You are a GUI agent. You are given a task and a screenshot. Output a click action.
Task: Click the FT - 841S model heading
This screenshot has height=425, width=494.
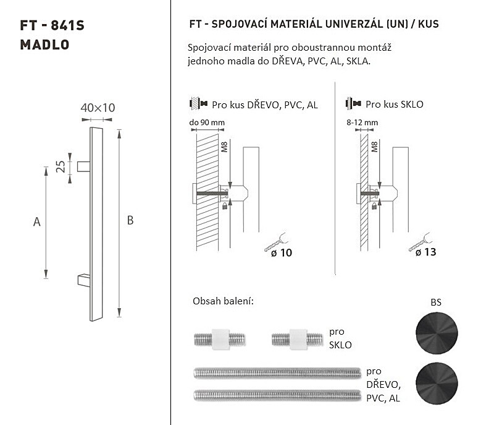click(x=52, y=25)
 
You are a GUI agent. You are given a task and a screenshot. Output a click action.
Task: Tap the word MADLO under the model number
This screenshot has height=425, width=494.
click(x=44, y=45)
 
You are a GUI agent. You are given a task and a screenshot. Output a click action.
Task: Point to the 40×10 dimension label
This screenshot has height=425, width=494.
click(x=98, y=108)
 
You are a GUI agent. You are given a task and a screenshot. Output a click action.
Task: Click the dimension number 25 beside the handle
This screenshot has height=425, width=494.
click(x=61, y=166)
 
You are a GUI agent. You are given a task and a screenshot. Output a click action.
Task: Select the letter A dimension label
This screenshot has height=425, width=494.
click(x=37, y=222)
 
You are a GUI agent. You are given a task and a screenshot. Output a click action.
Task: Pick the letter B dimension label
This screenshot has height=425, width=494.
click(x=130, y=220)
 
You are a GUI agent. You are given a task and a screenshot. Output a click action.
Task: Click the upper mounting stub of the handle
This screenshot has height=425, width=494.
click(x=84, y=166)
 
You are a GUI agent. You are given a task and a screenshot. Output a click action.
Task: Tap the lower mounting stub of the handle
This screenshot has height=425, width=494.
click(x=84, y=280)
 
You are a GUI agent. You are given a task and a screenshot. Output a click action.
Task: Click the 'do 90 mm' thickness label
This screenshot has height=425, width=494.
click(x=207, y=122)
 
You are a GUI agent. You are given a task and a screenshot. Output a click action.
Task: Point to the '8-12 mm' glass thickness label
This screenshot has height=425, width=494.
click(x=362, y=122)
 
